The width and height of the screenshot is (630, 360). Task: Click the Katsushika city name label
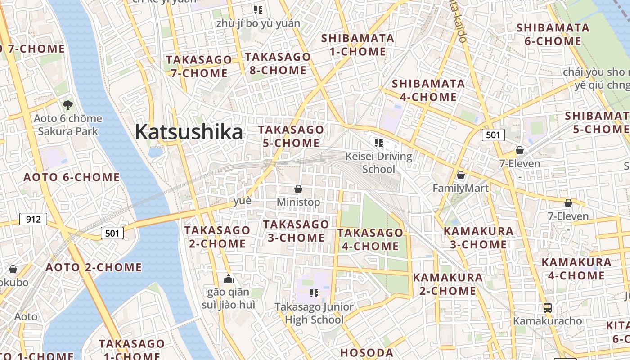tap(189, 132)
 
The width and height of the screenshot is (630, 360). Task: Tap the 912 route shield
tap(33, 220)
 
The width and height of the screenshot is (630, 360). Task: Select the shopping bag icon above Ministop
tap(298, 189)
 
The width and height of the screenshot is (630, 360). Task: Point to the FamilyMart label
tap(460, 188)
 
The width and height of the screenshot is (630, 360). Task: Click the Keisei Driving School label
tap(379, 163)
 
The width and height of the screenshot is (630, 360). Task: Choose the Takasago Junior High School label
tap(315, 313)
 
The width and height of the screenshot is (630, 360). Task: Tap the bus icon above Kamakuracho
tap(547, 308)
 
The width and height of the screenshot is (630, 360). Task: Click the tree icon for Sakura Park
tap(68, 105)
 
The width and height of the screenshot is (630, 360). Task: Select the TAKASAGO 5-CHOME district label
tap(291, 136)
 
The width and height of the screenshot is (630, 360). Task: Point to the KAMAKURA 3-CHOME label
tap(478, 238)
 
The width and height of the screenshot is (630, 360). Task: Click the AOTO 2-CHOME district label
tap(94, 267)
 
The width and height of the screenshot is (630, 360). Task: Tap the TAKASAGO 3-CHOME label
tap(296, 231)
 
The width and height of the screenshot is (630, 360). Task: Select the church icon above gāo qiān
tap(229, 279)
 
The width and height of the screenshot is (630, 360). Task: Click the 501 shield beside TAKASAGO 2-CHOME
tap(112, 233)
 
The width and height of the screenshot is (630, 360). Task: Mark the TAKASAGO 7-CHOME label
tap(199, 66)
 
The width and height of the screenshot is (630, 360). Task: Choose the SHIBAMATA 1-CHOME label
tap(358, 45)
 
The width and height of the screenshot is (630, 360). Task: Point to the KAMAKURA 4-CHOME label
tap(576, 269)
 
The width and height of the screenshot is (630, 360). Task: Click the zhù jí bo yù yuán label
tap(258, 23)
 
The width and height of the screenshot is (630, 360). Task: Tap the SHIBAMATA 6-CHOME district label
tap(553, 35)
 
